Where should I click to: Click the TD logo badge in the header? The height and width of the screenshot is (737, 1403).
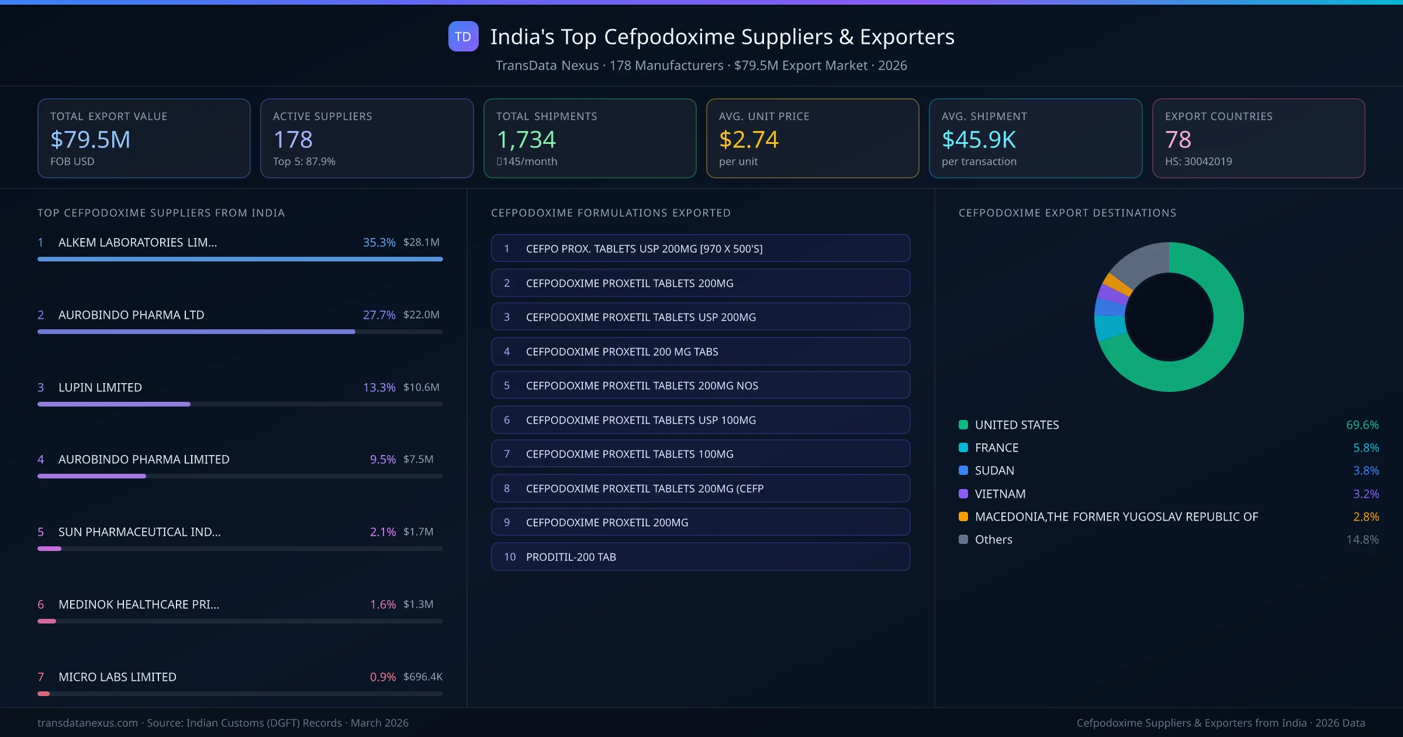pos(463,36)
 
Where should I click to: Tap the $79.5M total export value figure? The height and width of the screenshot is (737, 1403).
pos(91,139)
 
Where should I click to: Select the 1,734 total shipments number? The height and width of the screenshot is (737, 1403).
pos(526,139)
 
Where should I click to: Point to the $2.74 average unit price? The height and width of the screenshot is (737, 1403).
pos(748,139)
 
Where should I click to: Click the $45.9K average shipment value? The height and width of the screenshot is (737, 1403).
pos(979,139)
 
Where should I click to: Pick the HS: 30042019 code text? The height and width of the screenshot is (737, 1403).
pos(1198,161)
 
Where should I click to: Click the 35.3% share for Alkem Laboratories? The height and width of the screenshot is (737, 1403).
pos(379,242)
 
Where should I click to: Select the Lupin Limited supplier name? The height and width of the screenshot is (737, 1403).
pos(100,387)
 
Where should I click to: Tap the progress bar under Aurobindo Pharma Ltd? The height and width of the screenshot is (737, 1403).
pos(196,332)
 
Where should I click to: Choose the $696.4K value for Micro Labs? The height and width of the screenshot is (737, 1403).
pos(423,677)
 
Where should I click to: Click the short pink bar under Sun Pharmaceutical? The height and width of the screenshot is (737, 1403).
pos(49,549)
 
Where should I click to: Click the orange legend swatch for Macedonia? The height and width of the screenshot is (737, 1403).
pos(963,516)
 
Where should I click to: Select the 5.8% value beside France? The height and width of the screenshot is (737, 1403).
pos(1366,448)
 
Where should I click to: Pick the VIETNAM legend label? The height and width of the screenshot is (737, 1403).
pos(1000,494)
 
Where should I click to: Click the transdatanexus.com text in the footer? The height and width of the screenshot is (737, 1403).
pos(88,723)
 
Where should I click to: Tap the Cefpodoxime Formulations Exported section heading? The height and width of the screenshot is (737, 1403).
pos(611,213)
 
